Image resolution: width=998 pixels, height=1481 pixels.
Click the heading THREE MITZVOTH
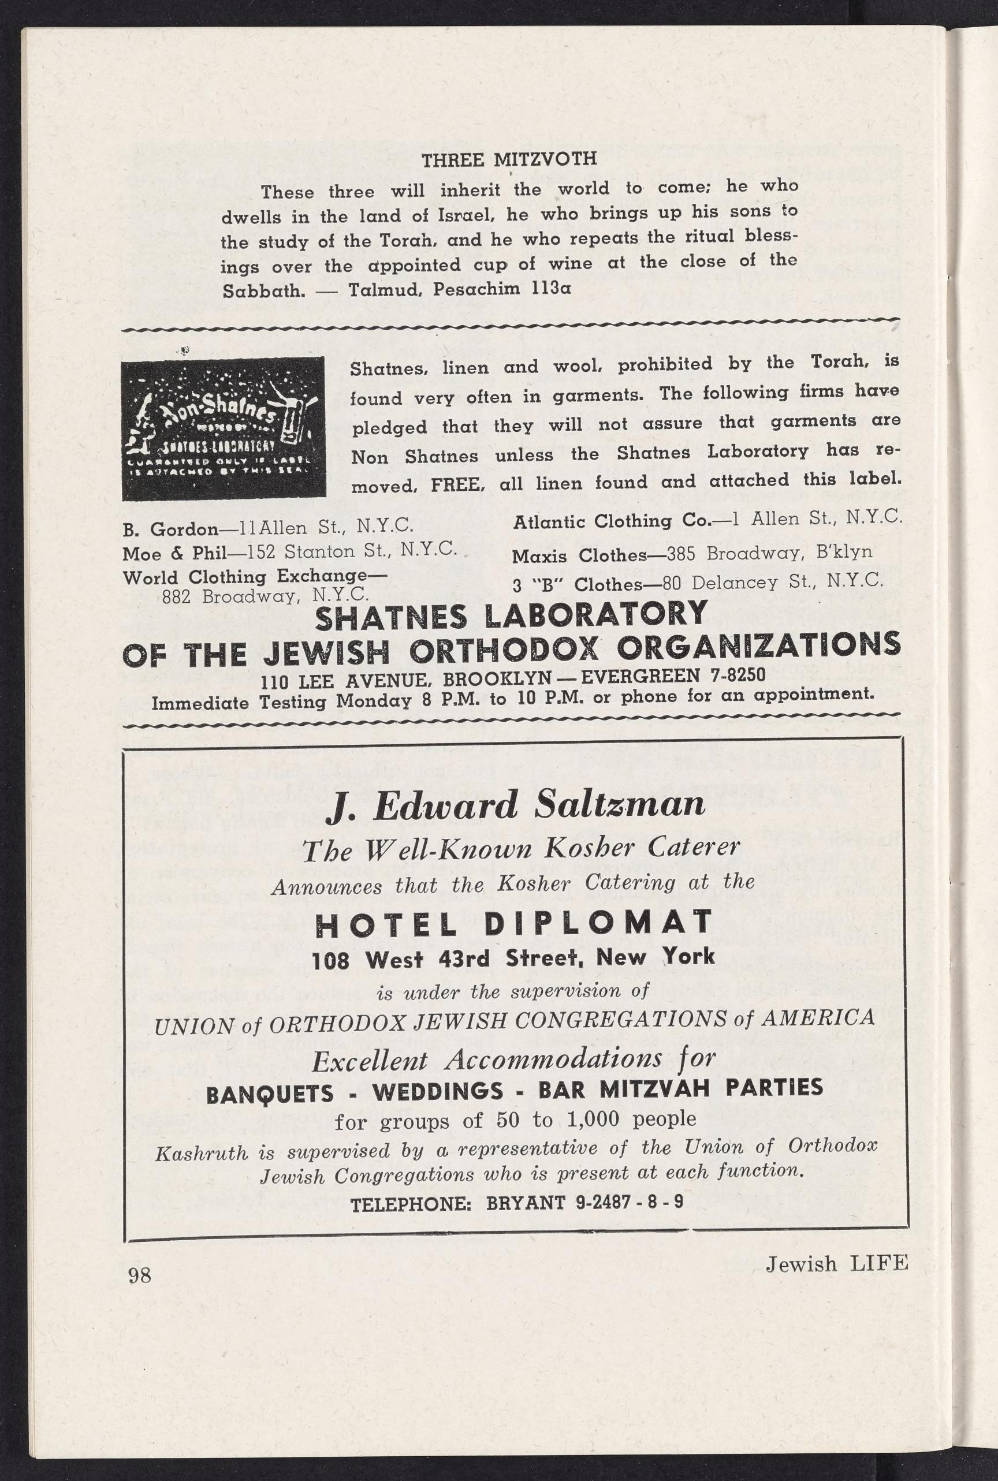click(x=509, y=158)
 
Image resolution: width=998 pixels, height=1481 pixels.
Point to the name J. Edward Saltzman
click(x=516, y=804)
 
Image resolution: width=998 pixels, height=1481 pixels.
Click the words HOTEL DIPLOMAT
click(x=513, y=923)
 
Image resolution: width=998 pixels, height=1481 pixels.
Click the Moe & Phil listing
click(x=289, y=551)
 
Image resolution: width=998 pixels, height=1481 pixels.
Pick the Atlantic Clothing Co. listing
click(x=707, y=520)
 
